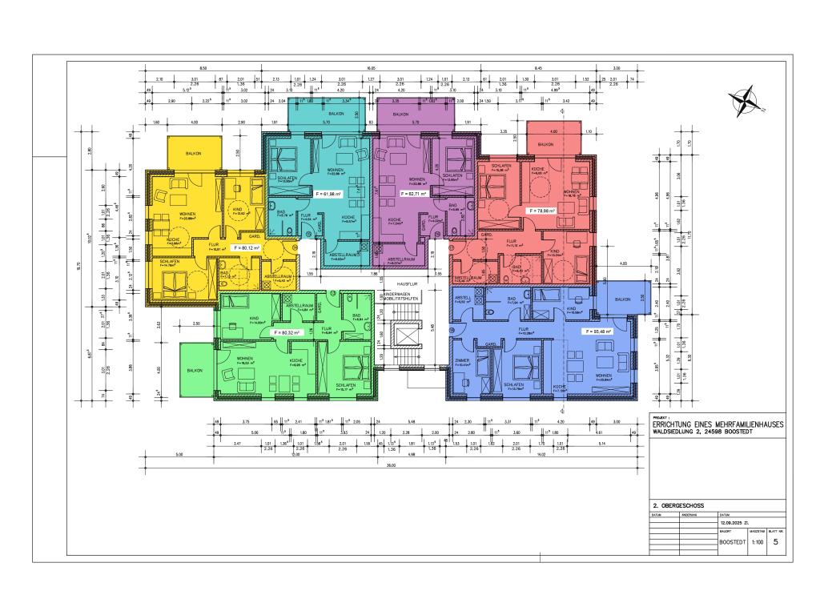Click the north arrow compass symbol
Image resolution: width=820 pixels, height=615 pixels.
click(746, 101)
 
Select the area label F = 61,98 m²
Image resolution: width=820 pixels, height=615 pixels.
click(328, 195)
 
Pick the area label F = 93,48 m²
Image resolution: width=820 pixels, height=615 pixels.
click(597, 331)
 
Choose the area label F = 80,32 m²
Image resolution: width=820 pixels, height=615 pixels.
click(286, 332)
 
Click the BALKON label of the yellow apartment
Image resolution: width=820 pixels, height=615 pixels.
click(193, 153)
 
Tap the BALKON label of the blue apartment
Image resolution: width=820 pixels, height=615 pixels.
click(622, 299)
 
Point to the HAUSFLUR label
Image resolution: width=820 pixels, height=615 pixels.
click(409, 283)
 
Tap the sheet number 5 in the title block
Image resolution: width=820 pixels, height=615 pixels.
click(775, 542)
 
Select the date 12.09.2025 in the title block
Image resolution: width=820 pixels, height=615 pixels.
click(734, 522)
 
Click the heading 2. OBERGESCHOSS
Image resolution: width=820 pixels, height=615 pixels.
click(679, 507)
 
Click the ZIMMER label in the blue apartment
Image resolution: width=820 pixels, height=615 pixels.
click(463, 361)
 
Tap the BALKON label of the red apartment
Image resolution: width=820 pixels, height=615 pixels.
click(545, 144)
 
